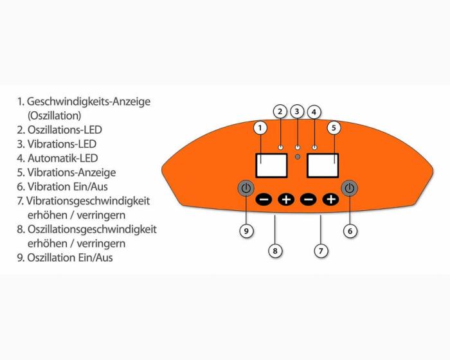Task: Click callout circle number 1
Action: (x=260, y=128)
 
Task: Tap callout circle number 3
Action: (x=297, y=111)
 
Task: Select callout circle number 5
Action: (x=334, y=128)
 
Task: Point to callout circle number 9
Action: (x=246, y=231)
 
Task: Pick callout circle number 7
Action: (x=321, y=251)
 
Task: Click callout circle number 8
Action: (x=275, y=251)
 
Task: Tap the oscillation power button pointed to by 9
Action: (x=246, y=188)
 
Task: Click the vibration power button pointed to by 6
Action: (x=349, y=188)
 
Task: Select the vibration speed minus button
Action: (x=308, y=199)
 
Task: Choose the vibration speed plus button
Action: (x=331, y=199)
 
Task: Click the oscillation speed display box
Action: (x=271, y=165)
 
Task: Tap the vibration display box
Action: (x=323, y=165)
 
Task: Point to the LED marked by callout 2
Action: (x=280, y=147)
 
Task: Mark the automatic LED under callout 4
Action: (x=314, y=147)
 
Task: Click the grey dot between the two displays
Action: (x=298, y=157)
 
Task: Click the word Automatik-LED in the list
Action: (x=63, y=158)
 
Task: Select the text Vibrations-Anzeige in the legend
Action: (x=72, y=172)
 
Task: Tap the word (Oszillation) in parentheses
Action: (x=54, y=116)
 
